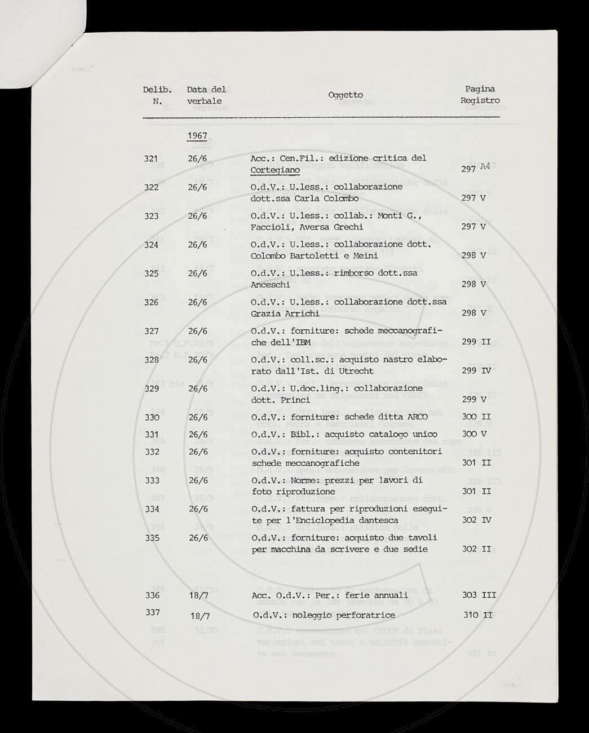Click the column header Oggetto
pos(346,95)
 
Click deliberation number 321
pos(150,159)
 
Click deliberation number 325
pos(152,273)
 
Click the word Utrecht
pos(355,371)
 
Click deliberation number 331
pos(152,435)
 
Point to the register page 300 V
pos(473,434)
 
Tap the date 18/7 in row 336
pos(197,595)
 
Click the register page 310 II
pos(477,615)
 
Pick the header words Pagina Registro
pos(480,95)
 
